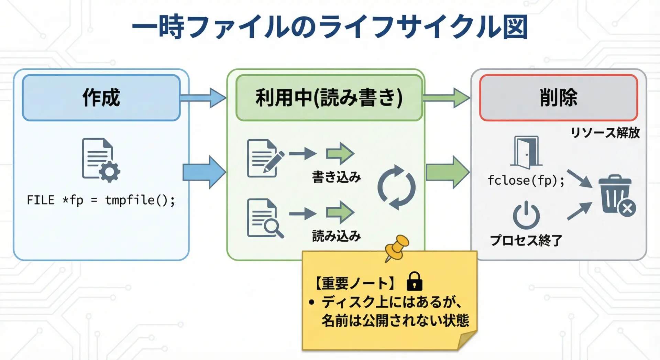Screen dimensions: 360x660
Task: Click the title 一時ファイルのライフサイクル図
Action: [330, 27]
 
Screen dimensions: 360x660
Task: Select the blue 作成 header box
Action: [101, 98]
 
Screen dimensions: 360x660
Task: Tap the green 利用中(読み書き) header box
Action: [329, 98]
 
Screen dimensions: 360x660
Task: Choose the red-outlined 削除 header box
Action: [559, 98]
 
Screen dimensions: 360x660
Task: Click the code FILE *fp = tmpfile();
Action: [101, 200]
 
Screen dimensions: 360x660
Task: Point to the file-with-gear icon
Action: [100, 160]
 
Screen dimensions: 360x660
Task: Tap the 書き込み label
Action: [337, 177]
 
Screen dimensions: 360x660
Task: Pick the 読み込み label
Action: [337, 236]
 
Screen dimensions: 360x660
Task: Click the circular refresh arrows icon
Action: [396, 187]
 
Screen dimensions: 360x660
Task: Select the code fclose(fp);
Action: [526, 180]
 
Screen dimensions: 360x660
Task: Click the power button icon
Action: [526, 215]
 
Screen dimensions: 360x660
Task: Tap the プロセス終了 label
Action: [526, 240]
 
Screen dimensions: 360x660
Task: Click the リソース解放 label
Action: [605, 133]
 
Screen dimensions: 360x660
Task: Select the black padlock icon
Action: [414, 281]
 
